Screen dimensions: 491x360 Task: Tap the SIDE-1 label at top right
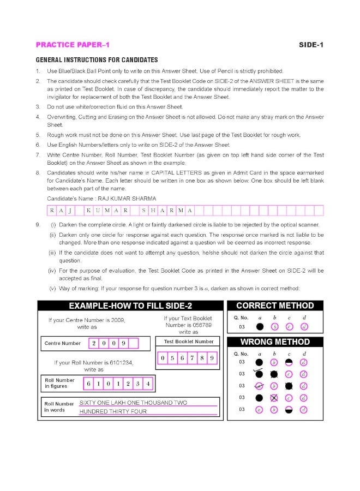tap(311, 45)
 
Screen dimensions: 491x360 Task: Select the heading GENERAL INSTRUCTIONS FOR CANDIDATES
tap(97, 59)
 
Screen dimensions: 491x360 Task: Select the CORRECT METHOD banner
tap(275, 306)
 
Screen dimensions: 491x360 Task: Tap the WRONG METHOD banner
tap(275, 342)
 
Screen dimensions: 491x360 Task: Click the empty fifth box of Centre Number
tap(133, 344)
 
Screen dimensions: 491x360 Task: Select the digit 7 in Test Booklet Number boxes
tap(195, 358)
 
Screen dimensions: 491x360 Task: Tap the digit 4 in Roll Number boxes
tap(148, 384)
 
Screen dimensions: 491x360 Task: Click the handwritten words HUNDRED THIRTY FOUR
tap(113, 411)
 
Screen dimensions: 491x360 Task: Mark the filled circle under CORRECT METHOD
tap(260, 327)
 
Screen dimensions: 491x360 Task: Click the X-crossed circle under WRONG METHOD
tap(274, 398)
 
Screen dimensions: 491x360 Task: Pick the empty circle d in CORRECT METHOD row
tap(304, 327)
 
